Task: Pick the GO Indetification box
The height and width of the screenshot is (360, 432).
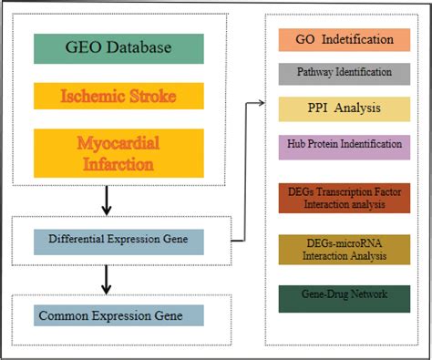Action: point(345,40)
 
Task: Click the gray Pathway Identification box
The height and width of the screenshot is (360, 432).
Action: point(345,72)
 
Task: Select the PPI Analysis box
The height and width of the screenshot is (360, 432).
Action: point(345,108)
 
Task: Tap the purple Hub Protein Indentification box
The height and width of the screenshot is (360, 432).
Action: point(345,146)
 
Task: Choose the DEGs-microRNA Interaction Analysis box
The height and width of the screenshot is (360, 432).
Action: point(345,250)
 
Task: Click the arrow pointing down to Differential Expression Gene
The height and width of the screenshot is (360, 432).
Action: point(106,201)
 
